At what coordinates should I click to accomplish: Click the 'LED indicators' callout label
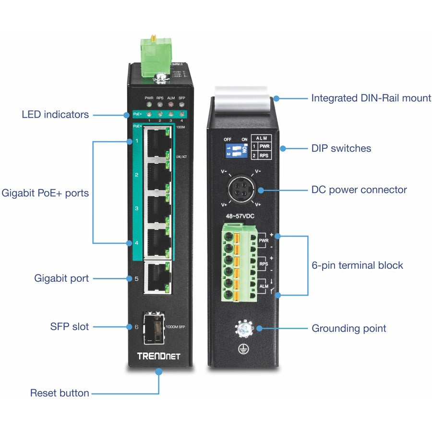pos(55,115)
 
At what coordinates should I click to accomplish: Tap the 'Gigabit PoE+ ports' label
pos(45,193)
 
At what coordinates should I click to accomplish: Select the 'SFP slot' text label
pos(70,327)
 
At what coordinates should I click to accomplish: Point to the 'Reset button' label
pos(60,393)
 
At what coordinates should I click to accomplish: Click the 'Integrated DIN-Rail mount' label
pos(371,98)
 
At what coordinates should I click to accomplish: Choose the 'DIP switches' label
pos(341,148)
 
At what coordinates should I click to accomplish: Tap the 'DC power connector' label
pos(359,190)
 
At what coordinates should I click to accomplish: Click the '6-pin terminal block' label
pos(357,265)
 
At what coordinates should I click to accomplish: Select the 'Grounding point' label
pos(349,329)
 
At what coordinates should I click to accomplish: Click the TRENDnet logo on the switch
pos(158,356)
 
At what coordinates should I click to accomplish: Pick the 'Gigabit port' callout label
pos(61,278)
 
